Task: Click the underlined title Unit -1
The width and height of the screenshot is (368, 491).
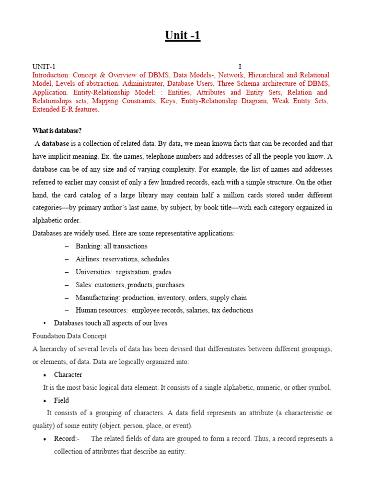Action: [183, 35]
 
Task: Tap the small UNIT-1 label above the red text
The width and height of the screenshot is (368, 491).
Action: [44, 67]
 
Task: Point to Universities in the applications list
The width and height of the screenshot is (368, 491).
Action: [93, 272]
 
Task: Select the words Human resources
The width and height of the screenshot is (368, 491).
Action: [101, 310]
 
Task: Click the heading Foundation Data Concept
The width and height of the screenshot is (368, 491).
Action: [69, 336]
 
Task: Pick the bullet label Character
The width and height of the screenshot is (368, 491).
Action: [68, 375]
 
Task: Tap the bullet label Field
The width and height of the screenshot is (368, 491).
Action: [61, 400]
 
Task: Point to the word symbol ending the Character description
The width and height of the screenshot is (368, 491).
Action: [319, 387]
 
